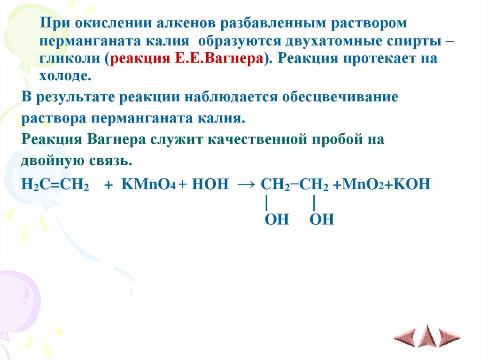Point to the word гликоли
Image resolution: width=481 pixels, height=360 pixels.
(71, 60)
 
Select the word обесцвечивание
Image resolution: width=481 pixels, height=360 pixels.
(340, 98)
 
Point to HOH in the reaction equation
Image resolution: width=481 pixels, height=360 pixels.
(210, 184)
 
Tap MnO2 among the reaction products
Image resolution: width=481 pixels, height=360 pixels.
(365, 184)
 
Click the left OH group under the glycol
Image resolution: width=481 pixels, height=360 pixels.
(277, 219)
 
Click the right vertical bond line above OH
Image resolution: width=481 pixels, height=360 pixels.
(313, 203)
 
